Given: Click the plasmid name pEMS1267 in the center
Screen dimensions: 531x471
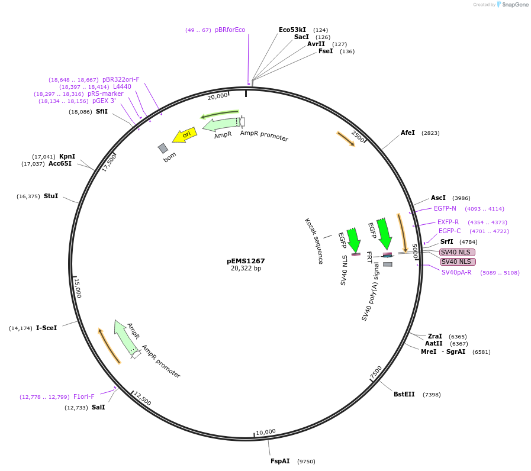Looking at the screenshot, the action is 246,260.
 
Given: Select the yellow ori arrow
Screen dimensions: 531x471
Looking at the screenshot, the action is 185,136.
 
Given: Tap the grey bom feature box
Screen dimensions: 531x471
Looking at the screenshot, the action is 163,148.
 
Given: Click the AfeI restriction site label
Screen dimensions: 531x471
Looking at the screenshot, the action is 408,133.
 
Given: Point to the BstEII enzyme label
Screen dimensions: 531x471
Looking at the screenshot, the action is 404,395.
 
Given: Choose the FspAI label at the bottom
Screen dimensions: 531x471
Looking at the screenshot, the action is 280,461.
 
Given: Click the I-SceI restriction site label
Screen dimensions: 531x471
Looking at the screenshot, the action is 47,328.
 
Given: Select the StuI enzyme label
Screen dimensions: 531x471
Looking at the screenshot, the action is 51,196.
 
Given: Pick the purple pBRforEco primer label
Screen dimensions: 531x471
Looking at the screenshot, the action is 230,30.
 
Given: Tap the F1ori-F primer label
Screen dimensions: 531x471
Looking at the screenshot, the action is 84,396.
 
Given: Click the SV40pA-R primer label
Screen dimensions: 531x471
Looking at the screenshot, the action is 456,272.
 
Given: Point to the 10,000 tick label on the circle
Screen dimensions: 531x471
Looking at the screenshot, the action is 266,432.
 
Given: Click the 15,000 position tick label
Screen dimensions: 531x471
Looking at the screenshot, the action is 78,288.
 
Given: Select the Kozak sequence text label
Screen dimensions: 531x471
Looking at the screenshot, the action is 314,241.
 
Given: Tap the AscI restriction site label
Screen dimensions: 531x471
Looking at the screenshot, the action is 438,198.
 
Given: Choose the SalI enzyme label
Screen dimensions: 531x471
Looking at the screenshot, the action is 98,407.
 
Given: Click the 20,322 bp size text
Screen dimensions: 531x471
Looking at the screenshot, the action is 246,269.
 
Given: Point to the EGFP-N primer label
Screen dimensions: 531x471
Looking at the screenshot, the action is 445,208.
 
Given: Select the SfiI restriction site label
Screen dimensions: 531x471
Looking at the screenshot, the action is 102,111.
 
